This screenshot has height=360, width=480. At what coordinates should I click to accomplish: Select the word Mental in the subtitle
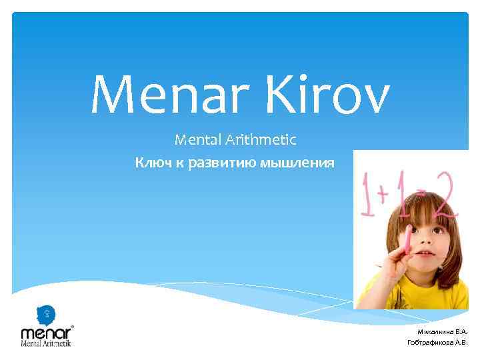[196, 141]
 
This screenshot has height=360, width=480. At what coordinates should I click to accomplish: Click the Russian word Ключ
[152, 163]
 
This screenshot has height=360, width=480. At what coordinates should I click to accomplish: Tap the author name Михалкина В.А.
[442, 331]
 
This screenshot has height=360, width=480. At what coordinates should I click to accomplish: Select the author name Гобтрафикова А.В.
[437, 343]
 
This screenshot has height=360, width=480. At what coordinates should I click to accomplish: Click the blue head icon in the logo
[45, 313]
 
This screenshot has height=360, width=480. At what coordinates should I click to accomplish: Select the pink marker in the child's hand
[407, 243]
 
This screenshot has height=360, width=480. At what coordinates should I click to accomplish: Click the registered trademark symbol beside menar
[72, 326]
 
